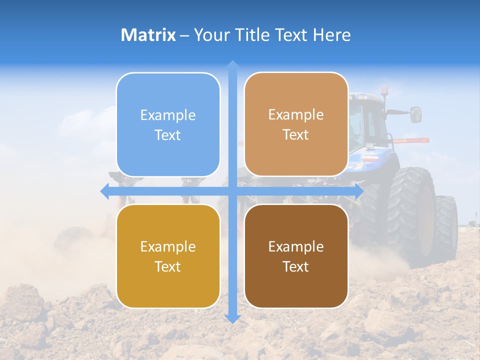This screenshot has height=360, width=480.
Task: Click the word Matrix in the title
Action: pos(148,35)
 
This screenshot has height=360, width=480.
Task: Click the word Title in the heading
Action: pos(253,35)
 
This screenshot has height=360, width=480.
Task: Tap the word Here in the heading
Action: pos(331,35)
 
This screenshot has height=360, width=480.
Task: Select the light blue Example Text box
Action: pos(168,124)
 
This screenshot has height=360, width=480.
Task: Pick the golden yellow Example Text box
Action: pos(168,256)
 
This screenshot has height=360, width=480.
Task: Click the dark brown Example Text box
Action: pos(296,256)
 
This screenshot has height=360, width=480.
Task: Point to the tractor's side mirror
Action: pos(416,114)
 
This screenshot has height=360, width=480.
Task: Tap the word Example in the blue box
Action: pos(168,115)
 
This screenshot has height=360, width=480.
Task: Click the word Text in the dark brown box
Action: pos(296,266)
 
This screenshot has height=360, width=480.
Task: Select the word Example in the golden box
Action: pos(168,246)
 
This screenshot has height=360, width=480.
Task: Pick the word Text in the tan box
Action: pos(296,134)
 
